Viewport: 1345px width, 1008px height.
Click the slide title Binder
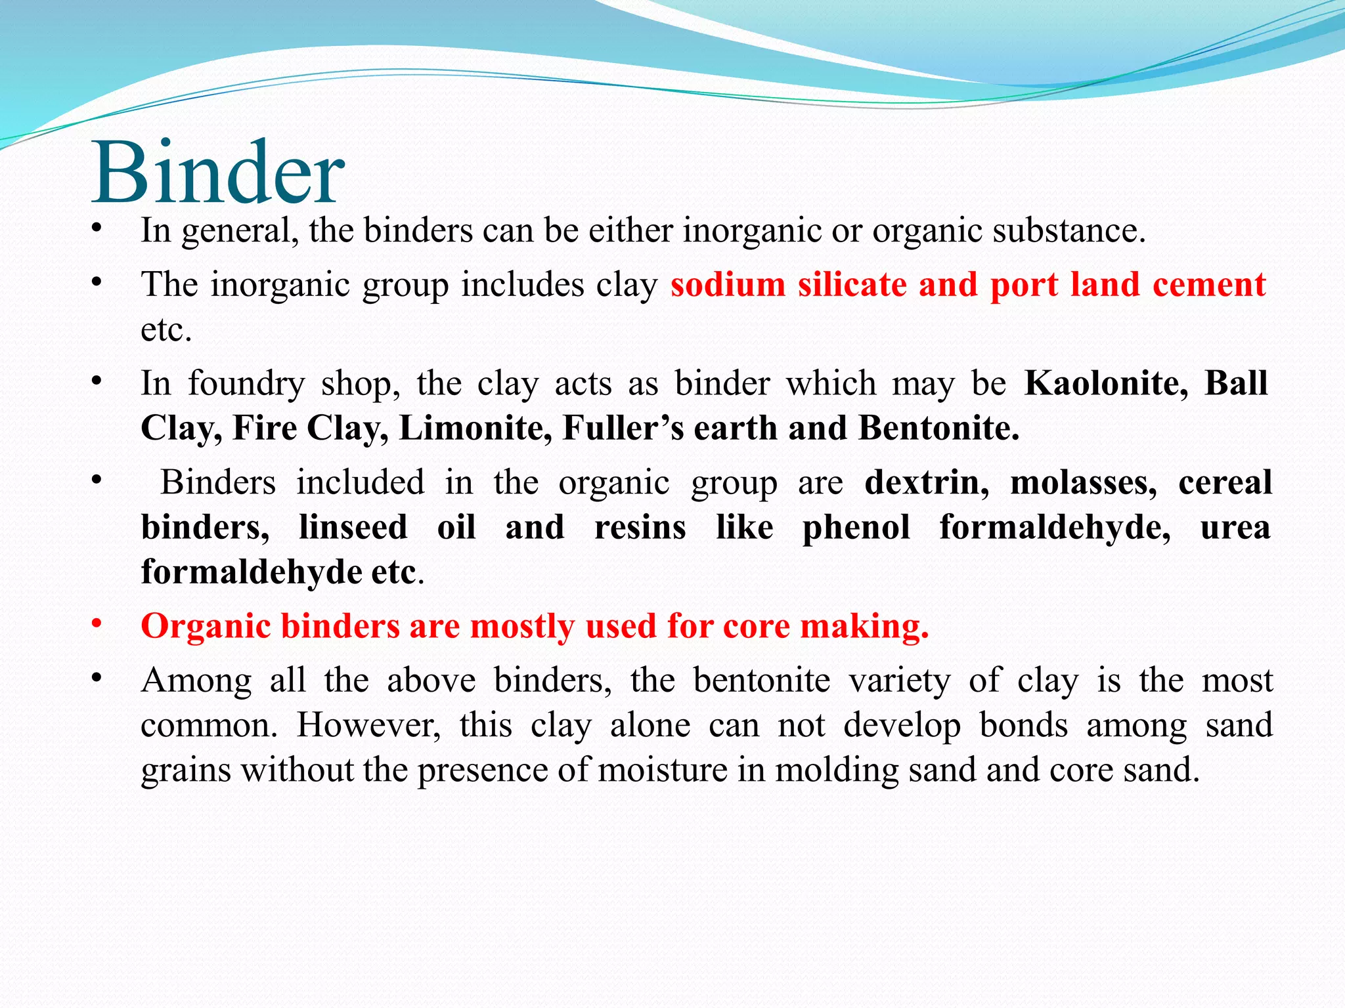(217, 172)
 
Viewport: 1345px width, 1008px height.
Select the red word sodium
(728, 285)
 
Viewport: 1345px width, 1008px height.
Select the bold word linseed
(353, 527)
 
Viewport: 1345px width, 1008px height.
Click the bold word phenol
(856, 527)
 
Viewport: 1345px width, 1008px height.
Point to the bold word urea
(1235, 527)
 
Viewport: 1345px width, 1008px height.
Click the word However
(368, 725)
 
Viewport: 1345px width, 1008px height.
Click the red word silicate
(852, 285)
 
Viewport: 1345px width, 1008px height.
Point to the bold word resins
(640, 527)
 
